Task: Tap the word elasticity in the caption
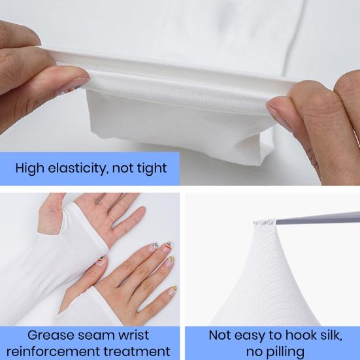coord(77,168)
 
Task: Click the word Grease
coord(49,335)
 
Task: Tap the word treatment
coord(139,352)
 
